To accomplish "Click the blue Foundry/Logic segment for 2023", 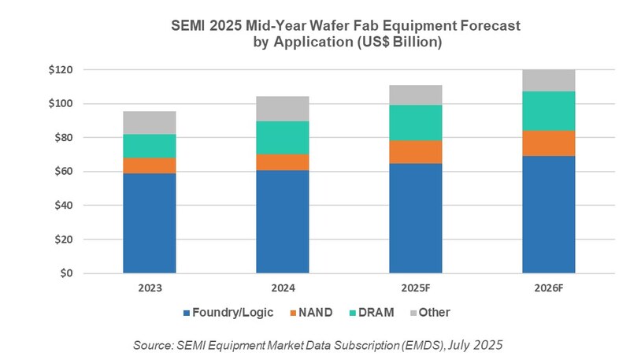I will (x=149, y=223).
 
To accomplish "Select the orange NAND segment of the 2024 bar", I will (x=282, y=161).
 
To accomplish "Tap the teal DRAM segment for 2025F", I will (x=415, y=122).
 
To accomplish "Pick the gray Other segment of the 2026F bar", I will (x=549, y=80).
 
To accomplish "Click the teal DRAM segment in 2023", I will (x=149, y=146).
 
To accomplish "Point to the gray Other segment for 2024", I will (x=282, y=108).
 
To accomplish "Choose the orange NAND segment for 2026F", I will (x=549, y=143).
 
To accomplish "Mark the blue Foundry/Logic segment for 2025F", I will (x=415, y=218).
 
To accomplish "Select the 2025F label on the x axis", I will (x=415, y=288).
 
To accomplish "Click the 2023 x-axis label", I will (x=149, y=288).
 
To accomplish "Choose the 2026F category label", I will (x=549, y=288).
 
